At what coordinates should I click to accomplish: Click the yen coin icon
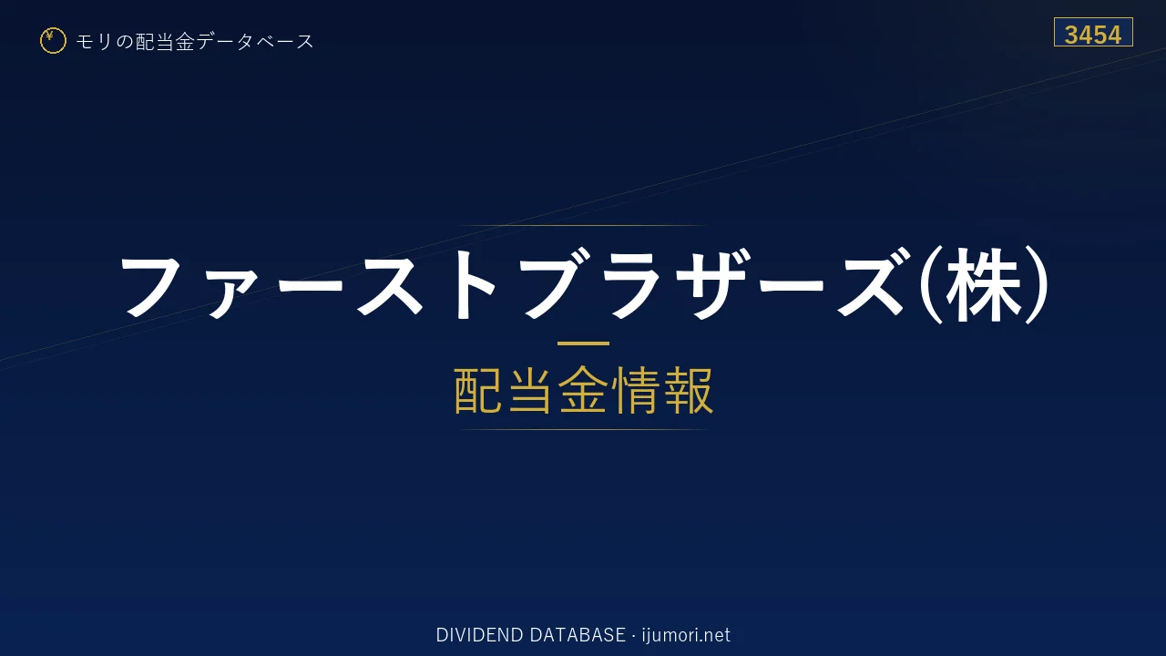pos(53,41)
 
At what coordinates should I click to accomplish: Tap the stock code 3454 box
pos(1093,32)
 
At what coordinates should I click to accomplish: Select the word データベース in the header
pos(256,42)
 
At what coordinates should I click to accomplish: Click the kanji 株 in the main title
pos(983,285)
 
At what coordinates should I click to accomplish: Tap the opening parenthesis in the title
pos(930,285)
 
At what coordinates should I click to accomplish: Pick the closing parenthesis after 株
pos(1037,285)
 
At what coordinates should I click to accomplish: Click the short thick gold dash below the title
pos(583,343)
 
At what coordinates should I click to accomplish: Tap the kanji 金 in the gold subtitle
pos(583,391)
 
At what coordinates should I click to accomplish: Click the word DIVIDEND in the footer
pos(479,635)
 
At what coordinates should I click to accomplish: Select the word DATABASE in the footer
pos(578,635)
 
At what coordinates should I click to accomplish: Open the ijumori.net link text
pos(686,635)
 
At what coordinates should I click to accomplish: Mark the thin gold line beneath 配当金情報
pos(583,429)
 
